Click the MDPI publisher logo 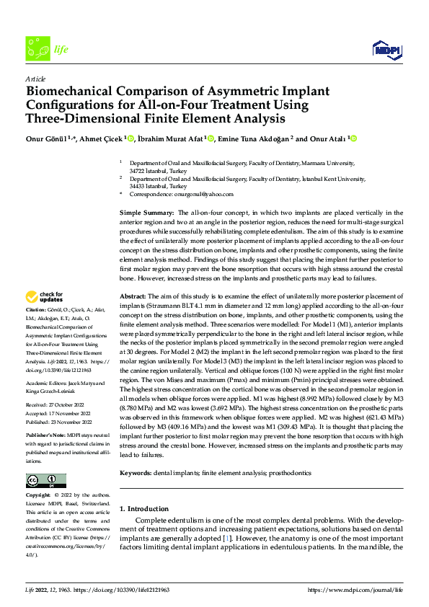(386, 49)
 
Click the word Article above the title (35, 79)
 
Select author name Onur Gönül (46, 138)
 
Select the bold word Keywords (136, 473)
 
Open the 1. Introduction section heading (144, 508)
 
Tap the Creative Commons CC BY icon (45, 481)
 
